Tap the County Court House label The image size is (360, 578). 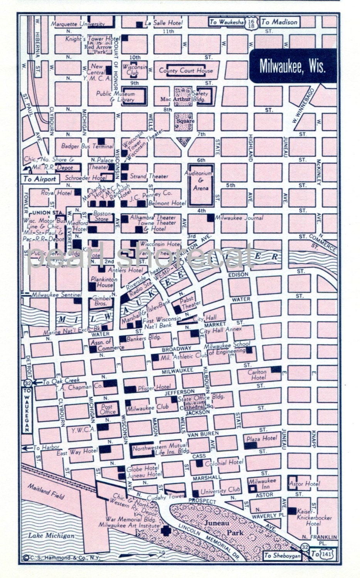186,71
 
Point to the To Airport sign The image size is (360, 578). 40,179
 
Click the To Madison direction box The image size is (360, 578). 279,22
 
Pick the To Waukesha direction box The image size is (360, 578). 226,22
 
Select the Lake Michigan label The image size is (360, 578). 51,536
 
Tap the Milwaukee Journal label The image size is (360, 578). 239,218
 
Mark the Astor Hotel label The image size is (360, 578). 307,483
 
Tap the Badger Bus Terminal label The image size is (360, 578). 87,146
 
